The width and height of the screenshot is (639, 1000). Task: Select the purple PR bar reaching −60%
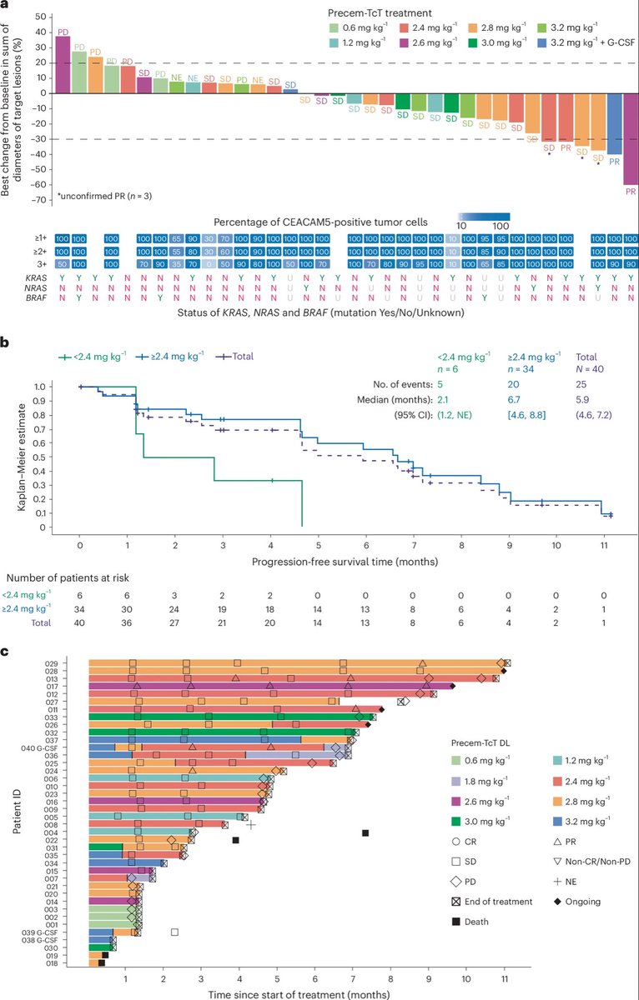pos(631,137)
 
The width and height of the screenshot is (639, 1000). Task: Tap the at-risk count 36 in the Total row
pos(127,622)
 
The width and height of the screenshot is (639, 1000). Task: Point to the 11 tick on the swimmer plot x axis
pos(504,974)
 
